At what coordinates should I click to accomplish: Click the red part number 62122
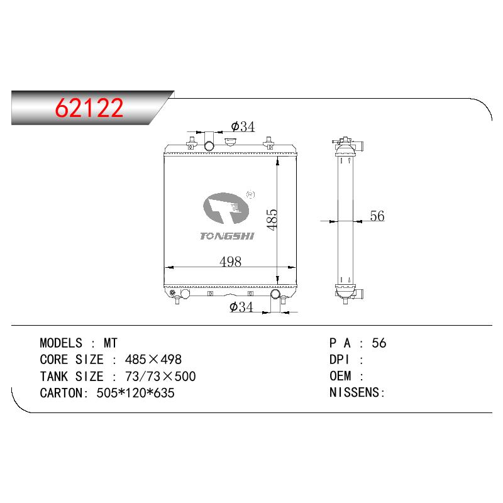click(89, 108)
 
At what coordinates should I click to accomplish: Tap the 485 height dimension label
click(272, 219)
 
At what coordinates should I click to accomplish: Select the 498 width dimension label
click(230, 262)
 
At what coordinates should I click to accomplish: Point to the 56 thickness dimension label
click(377, 216)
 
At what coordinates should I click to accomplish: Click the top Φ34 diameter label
click(243, 127)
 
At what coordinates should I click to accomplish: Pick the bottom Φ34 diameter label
click(241, 307)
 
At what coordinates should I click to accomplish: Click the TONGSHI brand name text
click(227, 236)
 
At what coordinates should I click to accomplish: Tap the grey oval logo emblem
click(226, 208)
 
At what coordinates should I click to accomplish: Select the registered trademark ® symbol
click(250, 194)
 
